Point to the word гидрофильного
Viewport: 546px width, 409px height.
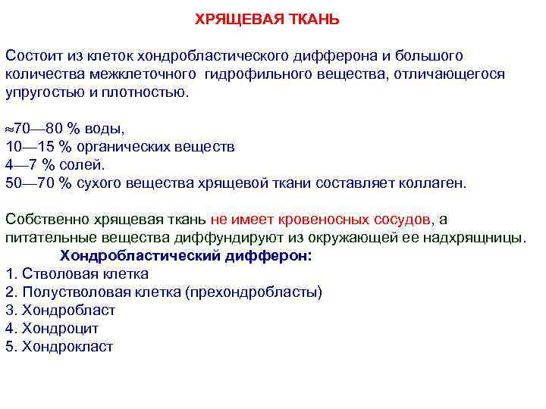(259, 74)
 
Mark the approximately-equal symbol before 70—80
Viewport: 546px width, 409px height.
(10, 128)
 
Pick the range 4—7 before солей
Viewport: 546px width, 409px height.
(20, 164)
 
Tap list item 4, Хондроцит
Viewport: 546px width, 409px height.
(61, 329)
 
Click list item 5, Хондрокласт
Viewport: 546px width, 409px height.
(67, 347)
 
